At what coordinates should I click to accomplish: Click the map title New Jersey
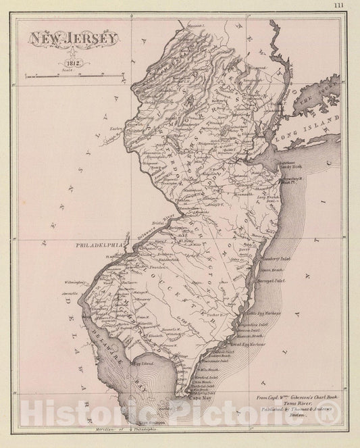[73, 39]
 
